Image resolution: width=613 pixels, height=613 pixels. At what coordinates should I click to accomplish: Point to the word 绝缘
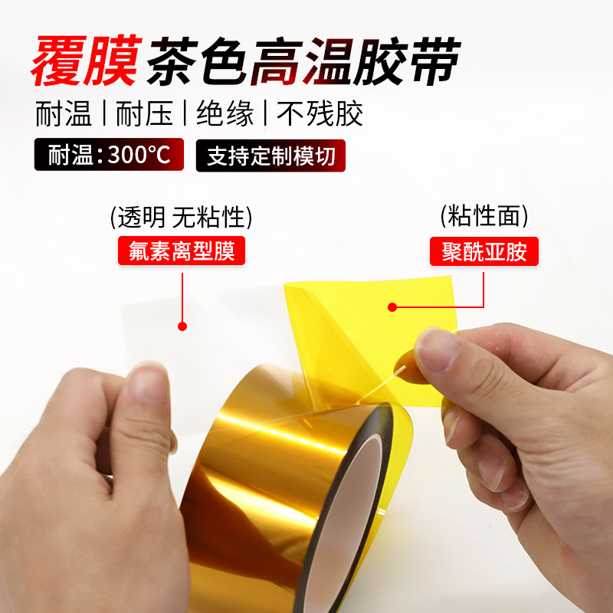(x=225, y=114)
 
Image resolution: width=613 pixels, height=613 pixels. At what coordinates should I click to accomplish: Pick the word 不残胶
(x=320, y=114)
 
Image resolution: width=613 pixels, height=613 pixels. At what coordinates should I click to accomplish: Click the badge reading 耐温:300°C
(x=110, y=156)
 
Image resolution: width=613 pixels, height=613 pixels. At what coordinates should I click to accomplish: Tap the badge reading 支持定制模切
(x=271, y=156)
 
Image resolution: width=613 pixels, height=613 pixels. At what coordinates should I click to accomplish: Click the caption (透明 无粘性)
(x=181, y=217)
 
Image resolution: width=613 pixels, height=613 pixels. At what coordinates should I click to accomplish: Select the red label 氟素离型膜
(x=181, y=251)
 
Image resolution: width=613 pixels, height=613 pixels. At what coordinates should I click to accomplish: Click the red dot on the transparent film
(x=182, y=326)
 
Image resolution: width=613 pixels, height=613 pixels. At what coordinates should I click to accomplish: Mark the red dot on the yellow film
(x=392, y=307)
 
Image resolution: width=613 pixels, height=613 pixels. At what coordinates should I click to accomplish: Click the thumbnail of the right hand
(x=434, y=349)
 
